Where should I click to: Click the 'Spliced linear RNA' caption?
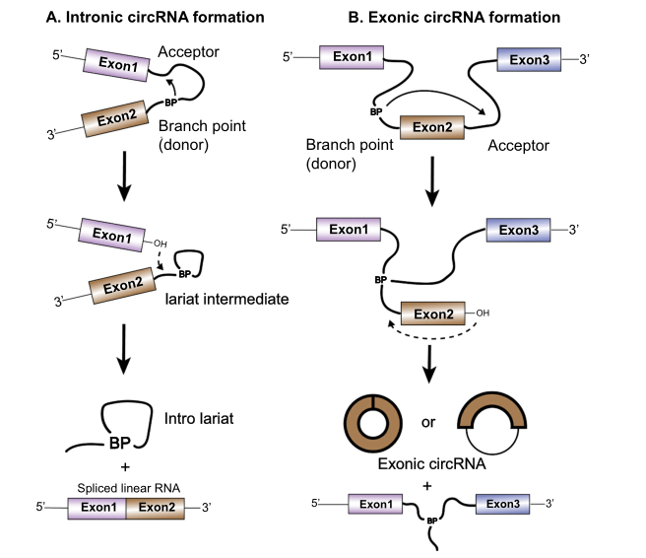(129, 484)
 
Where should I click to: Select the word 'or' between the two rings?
(427, 423)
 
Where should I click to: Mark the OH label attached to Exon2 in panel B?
(481, 314)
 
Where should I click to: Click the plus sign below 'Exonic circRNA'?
(427, 484)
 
